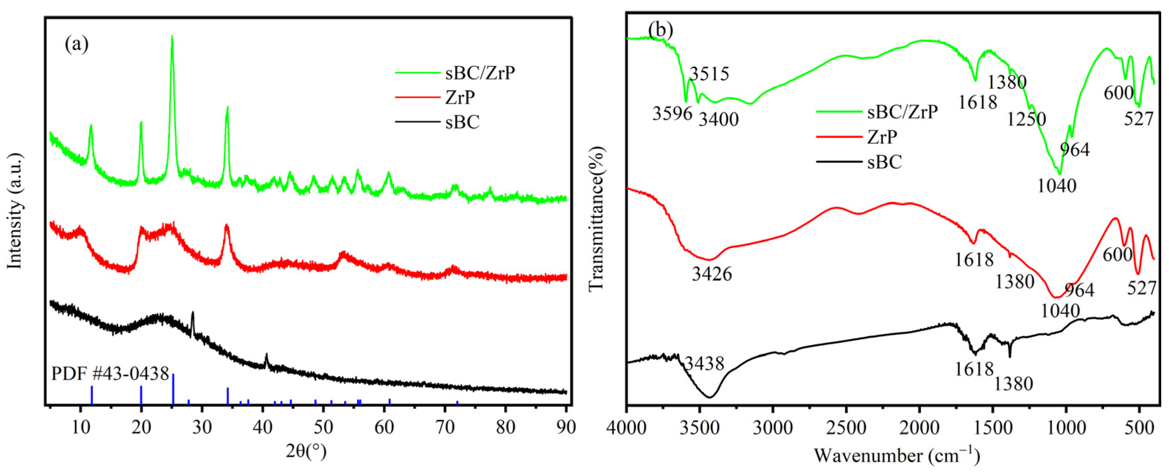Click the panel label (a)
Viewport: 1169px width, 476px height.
point(77,45)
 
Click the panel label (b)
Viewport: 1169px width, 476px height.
point(660,30)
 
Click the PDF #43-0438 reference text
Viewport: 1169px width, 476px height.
point(110,373)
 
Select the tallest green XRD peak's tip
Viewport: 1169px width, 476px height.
point(172,37)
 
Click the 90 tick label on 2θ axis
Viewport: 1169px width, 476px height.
point(566,427)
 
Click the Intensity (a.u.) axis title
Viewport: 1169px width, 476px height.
point(15,211)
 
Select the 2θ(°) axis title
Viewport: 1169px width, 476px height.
point(306,451)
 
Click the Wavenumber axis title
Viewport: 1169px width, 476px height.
point(897,455)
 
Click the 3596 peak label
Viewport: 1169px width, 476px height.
point(672,113)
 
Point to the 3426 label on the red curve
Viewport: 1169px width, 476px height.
point(712,274)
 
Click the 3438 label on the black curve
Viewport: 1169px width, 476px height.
point(704,363)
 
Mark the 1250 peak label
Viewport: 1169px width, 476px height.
point(1026,119)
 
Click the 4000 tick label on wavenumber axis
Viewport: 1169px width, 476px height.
point(627,427)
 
